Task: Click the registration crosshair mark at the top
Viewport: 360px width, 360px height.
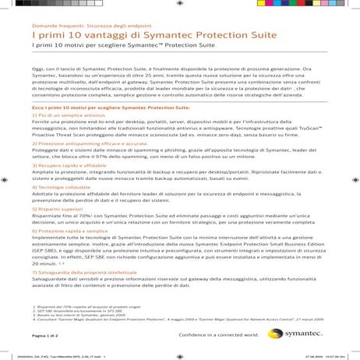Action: coord(180,5)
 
